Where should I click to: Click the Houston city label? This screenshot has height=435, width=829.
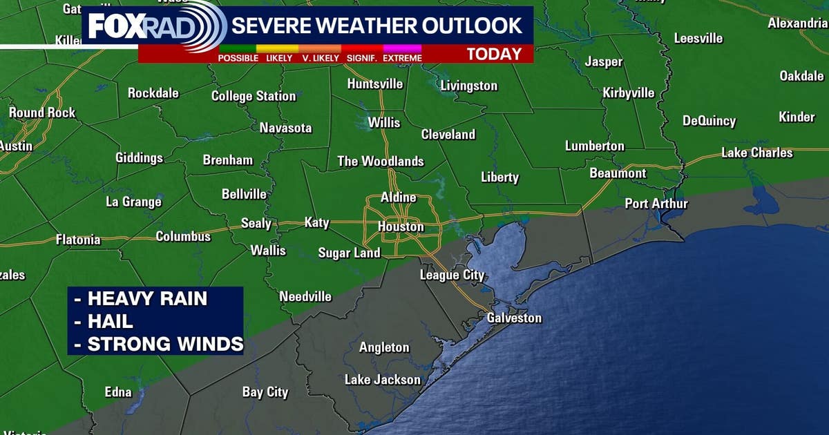[x=401, y=226]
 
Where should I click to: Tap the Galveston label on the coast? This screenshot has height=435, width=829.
[x=514, y=318]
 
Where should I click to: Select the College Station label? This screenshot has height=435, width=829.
[x=253, y=96]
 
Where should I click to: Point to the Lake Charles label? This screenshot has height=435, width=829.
[x=757, y=153]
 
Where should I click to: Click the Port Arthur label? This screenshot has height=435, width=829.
[x=656, y=204]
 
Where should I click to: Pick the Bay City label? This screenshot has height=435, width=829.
[x=265, y=392]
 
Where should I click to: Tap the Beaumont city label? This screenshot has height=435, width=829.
[x=618, y=173]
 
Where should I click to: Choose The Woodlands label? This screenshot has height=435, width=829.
[x=380, y=162]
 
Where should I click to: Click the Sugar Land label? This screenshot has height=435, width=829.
[x=349, y=253]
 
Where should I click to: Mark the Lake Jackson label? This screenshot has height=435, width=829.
[x=383, y=380]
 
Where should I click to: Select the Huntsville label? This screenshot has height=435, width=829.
[x=375, y=84]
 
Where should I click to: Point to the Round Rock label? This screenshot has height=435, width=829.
[x=41, y=113]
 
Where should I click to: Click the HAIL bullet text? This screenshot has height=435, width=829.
[x=111, y=321]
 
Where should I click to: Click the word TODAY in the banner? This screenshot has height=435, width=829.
[x=493, y=55]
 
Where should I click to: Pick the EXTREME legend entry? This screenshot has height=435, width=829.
[x=402, y=58]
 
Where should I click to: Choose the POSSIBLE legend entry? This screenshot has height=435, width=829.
[x=238, y=58]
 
